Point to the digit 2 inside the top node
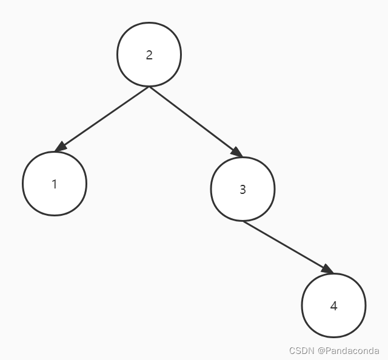pos(149,55)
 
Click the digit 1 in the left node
pos(55,184)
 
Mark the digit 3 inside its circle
pos(242,189)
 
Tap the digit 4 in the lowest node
pos(333,306)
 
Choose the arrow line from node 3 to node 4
pos(285,245)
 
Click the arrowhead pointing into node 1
pos(59,147)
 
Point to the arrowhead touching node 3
pos(236,153)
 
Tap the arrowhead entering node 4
pos(327,269)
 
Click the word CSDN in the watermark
pos(301,351)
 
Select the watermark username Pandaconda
pos(352,351)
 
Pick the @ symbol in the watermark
pos(321,351)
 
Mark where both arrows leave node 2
pos(149,87)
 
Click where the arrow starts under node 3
pos(242,221)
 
